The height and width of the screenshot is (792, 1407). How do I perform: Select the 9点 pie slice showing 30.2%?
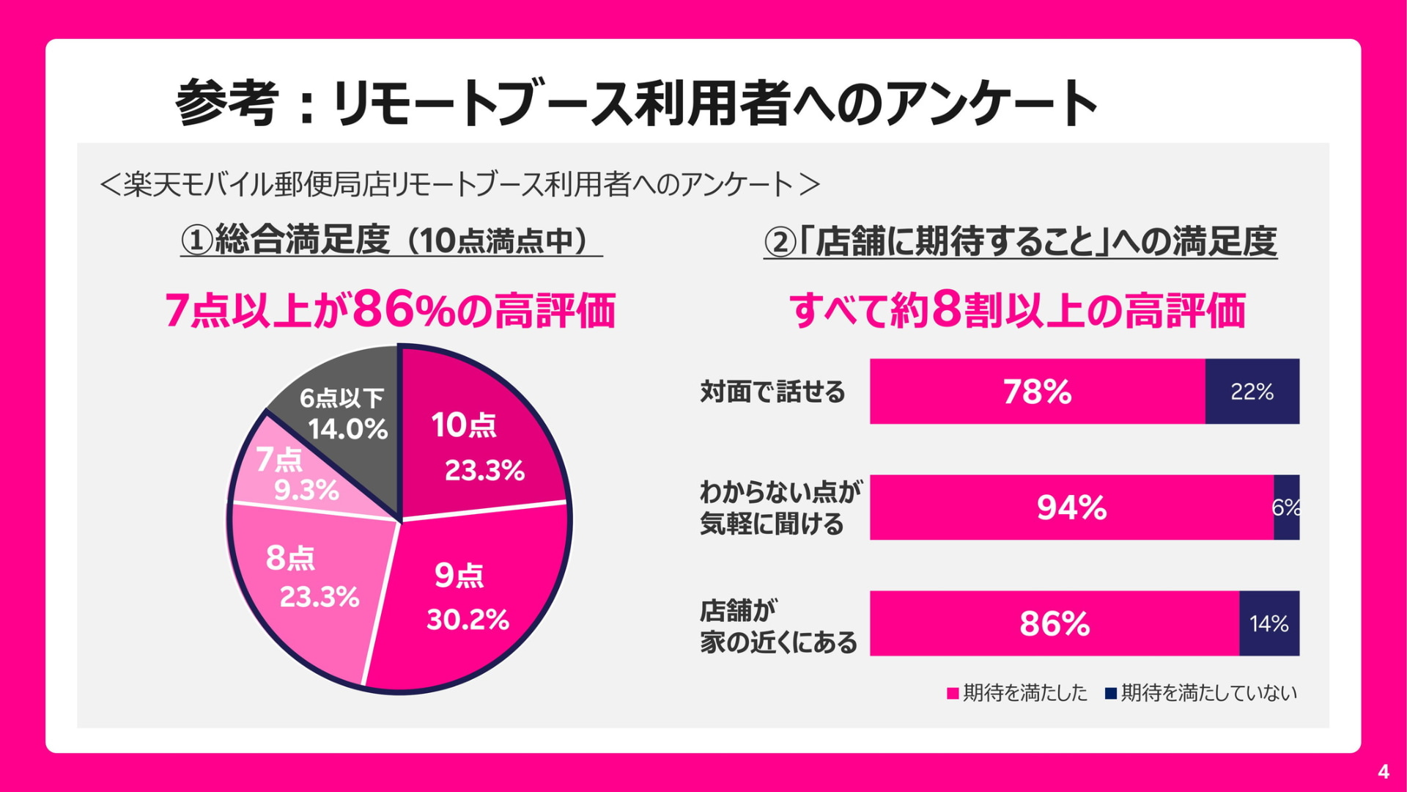pyautogui.click(x=469, y=594)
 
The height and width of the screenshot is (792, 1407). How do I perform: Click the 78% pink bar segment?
pyautogui.click(x=1037, y=392)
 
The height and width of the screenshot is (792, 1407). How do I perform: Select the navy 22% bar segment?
pyautogui.click(x=1252, y=392)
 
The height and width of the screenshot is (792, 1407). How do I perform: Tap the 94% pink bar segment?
pyautogui.click(x=1071, y=507)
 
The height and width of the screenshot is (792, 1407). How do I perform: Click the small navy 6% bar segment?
pyautogui.click(x=1286, y=507)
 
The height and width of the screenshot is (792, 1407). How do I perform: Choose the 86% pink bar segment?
pyautogui.click(x=1054, y=623)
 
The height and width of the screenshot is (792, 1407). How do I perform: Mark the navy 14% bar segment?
pyautogui.click(x=1268, y=623)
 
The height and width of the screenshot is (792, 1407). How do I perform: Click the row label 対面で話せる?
pyautogui.click(x=772, y=392)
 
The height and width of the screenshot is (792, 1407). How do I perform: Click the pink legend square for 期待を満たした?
pyautogui.click(x=953, y=694)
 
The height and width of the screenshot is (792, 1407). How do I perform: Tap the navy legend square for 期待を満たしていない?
pyautogui.click(x=1111, y=694)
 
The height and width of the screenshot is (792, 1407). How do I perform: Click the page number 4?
pyautogui.click(x=1383, y=771)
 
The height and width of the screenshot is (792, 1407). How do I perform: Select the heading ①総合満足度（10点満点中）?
pyautogui.click(x=391, y=241)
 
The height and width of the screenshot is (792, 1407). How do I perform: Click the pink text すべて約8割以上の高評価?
pyautogui.click(x=1017, y=310)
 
